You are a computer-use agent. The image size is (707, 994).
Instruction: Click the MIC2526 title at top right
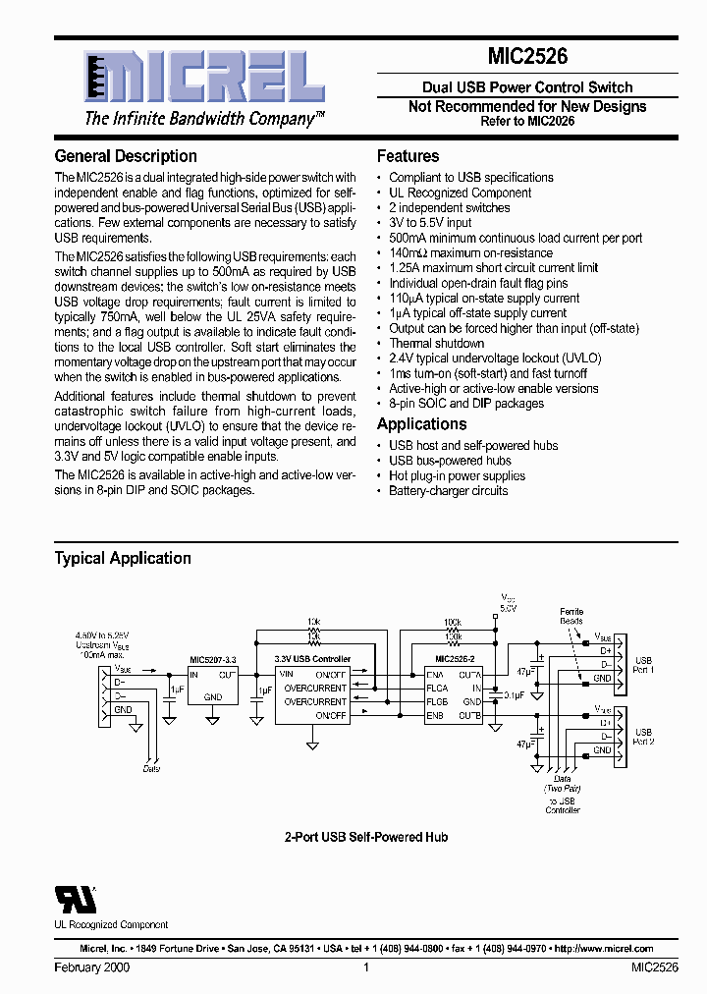[x=527, y=58]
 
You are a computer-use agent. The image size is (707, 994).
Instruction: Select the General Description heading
[x=126, y=156]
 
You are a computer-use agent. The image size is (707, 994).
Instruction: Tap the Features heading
[x=408, y=156]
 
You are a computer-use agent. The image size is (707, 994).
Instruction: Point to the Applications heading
[x=422, y=424]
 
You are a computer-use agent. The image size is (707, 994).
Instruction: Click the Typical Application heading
[x=123, y=558]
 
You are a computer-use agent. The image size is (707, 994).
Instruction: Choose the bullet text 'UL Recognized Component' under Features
[x=461, y=193]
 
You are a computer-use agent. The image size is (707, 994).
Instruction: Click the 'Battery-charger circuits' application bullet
[x=449, y=491]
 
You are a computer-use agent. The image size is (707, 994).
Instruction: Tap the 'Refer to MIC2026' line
[x=527, y=121]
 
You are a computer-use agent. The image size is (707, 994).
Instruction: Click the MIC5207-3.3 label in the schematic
[x=213, y=660]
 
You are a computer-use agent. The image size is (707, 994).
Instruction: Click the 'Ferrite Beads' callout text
[x=571, y=616]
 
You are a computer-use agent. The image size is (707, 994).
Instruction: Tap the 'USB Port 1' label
[x=643, y=665]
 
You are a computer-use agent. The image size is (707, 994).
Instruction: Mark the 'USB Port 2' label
[x=643, y=737]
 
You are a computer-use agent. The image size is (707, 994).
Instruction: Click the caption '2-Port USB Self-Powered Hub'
[x=366, y=837]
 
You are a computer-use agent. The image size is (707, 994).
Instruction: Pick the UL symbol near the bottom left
[x=76, y=899]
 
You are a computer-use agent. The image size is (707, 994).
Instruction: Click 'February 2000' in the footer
[x=92, y=967]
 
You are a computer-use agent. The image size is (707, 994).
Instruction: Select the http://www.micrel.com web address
[x=603, y=949]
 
